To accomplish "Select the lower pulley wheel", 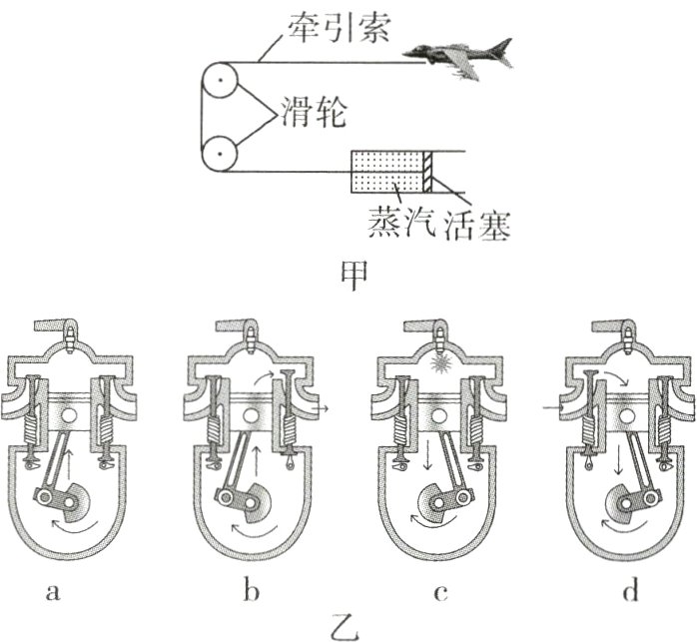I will (x=217, y=154).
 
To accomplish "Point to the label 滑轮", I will (x=315, y=112).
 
